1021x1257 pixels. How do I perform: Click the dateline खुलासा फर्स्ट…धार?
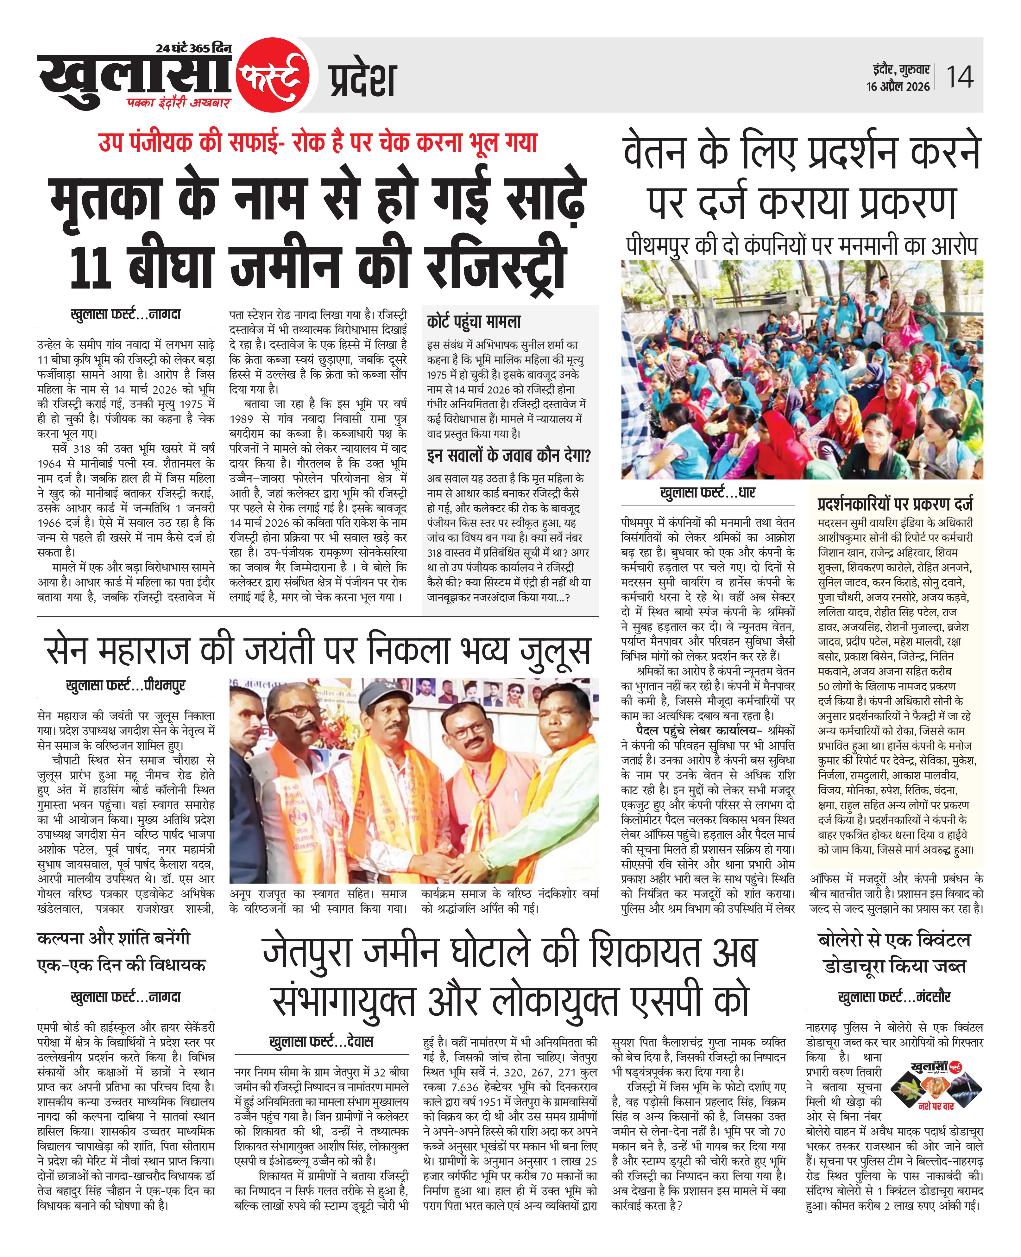pos(708,492)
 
